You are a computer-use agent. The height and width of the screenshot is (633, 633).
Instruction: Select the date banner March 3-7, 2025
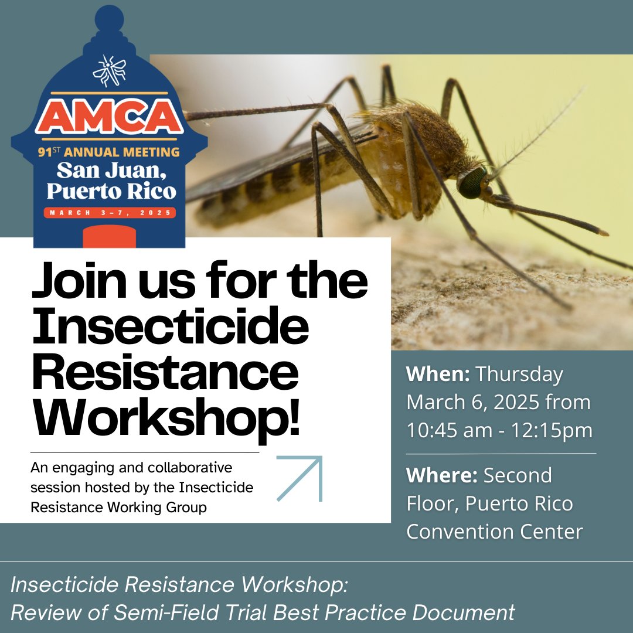coord(109,212)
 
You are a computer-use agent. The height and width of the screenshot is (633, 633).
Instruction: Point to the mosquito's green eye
coord(472,182)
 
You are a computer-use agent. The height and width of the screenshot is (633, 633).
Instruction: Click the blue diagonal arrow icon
coord(300,479)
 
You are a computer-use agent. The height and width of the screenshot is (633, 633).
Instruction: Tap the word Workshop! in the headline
coord(166,414)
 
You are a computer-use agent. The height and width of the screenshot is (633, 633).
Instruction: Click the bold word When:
coord(438,375)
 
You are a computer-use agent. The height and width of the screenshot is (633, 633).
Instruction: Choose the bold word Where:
coord(442,475)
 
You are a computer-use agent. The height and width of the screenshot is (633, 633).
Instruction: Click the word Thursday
coord(519,375)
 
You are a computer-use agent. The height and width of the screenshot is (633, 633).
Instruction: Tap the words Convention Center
coord(495,532)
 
